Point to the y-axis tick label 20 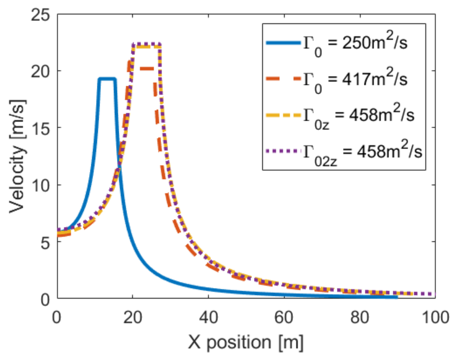point(40,71)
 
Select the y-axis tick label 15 point(40,128)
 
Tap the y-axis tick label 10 point(40,185)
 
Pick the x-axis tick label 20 point(133,318)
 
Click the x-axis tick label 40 point(208,318)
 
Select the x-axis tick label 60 point(284,318)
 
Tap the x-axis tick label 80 point(360,318)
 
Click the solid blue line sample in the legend point(283,43)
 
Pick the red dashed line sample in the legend point(283,79)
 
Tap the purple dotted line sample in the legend point(283,151)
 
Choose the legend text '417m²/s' point(375,79)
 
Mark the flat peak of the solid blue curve point(107,79)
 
